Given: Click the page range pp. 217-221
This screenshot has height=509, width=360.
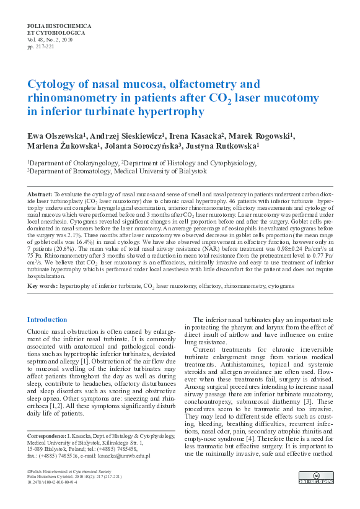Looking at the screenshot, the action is [42, 46].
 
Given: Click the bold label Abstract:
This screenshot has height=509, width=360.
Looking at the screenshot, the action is [43, 194].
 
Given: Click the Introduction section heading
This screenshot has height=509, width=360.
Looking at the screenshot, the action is [47, 320].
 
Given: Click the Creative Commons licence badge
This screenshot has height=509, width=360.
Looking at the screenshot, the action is [316, 477].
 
